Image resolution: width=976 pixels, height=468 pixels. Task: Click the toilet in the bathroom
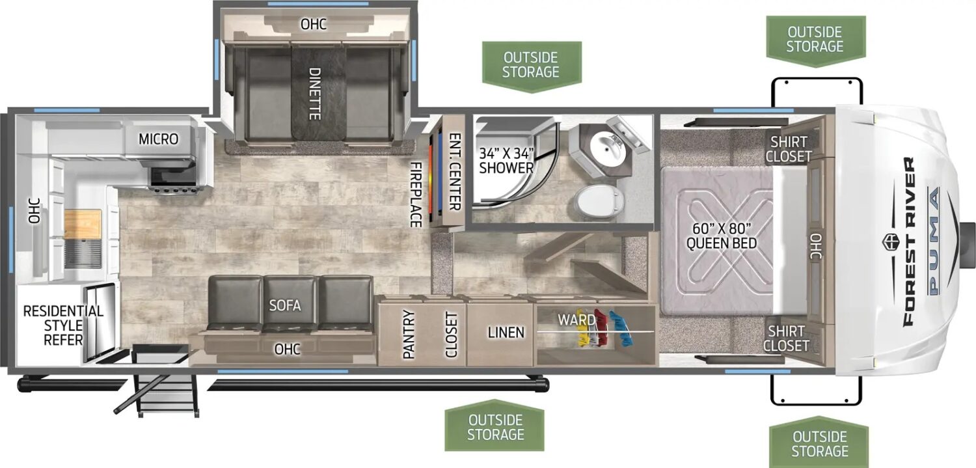[x=599, y=202]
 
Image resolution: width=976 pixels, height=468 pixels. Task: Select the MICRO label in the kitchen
[x=159, y=139]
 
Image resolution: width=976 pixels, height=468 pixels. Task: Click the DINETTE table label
[x=314, y=94]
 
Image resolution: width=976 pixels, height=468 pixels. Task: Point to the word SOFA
[x=285, y=305]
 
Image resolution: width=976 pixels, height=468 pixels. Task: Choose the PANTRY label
[x=408, y=334]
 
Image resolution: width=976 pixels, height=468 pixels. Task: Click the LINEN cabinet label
[x=506, y=333]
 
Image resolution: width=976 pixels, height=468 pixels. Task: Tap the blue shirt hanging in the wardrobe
[x=620, y=328]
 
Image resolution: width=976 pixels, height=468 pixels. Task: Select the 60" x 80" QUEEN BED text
[x=722, y=236]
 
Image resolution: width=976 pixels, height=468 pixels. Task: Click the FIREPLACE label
[x=416, y=195]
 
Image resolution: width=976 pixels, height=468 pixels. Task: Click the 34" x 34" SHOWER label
[x=506, y=160]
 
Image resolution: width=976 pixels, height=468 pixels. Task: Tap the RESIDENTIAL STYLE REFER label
[x=63, y=325]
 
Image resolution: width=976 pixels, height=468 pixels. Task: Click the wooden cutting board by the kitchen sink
[x=83, y=224]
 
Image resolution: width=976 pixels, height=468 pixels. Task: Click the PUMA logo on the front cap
[x=933, y=241]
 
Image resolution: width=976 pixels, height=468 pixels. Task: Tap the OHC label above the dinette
[x=314, y=24]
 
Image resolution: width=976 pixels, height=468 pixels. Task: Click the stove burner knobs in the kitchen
[x=174, y=190]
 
